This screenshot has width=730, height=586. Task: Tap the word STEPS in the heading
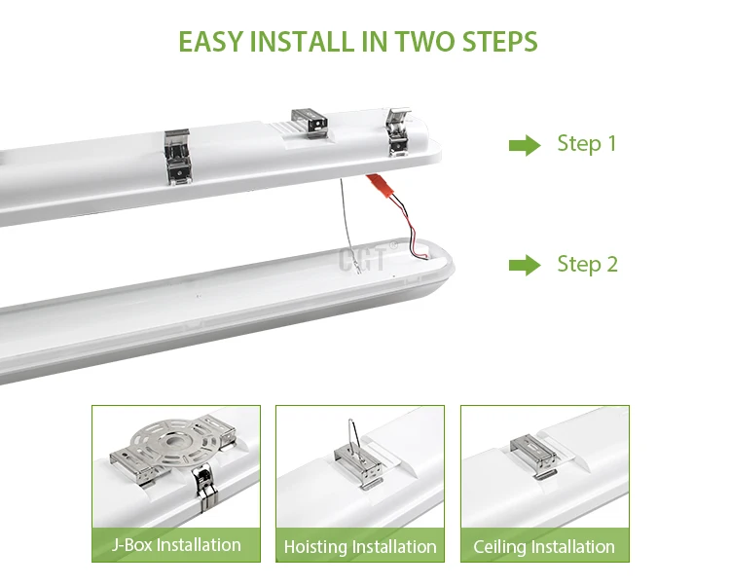click(x=499, y=42)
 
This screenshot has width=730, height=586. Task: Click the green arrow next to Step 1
click(x=525, y=145)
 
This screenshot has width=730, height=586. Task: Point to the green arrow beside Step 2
click(x=525, y=266)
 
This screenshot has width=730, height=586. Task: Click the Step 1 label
click(x=587, y=144)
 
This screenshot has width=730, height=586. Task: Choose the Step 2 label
click(x=588, y=265)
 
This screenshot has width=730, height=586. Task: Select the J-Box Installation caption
click(x=176, y=544)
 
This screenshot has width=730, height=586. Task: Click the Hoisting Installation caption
click(x=360, y=546)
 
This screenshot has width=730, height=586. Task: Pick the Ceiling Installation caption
click(x=544, y=546)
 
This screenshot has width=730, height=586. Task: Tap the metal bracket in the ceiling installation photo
click(x=534, y=456)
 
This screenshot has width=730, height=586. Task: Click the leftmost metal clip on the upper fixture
click(x=177, y=157)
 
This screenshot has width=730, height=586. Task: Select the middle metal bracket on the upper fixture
click(x=310, y=123)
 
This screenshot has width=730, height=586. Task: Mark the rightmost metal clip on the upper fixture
click(x=398, y=131)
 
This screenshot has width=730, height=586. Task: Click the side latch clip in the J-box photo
click(x=205, y=489)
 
